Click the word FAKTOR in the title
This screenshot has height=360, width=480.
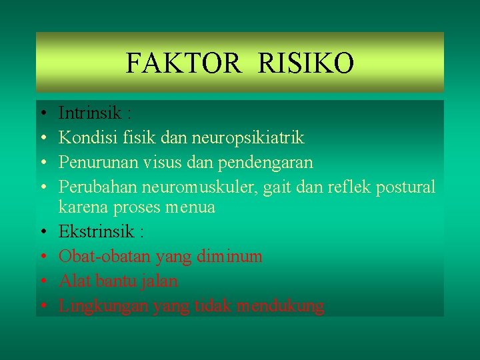(x=182, y=64)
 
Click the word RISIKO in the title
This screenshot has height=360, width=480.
(x=305, y=64)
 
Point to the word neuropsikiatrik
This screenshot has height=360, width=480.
(x=247, y=138)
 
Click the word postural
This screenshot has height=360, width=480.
(x=405, y=187)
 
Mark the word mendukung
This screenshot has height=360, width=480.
(x=283, y=306)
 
